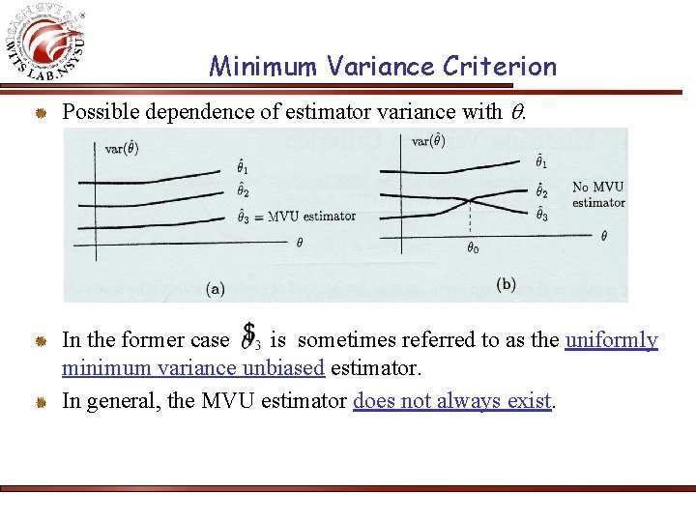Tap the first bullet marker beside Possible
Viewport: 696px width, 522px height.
point(43,113)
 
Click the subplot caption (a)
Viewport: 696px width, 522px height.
point(217,287)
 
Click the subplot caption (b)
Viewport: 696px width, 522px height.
point(506,284)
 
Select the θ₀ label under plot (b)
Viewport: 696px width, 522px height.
point(472,248)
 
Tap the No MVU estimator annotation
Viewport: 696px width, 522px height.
point(598,194)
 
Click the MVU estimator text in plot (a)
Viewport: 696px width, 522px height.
point(311,216)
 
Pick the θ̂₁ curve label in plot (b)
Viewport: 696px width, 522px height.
point(542,162)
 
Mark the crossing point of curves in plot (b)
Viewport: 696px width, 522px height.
point(471,200)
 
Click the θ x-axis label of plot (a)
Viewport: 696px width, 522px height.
point(299,243)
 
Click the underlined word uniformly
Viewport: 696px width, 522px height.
point(611,340)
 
